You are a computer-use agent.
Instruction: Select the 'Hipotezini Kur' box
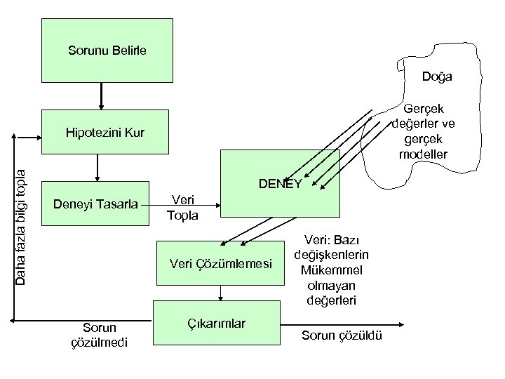pyautogui.click(x=105, y=132)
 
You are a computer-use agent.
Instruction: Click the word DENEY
pyautogui.click(x=280, y=184)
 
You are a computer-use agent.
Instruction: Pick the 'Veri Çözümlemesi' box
pyautogui.click(x=222, y=263)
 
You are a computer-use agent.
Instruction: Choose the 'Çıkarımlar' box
pyautogui.click(x=217, y=324)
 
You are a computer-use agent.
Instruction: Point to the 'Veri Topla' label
pyautogui.click(x=182, y=207)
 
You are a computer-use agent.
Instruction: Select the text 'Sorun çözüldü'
pyautogui.click(x=342, y=336)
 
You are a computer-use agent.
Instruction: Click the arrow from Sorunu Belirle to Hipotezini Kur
pyautogui.click(x=102, y=95)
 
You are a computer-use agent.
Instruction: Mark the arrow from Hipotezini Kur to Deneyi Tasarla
pyautogui.click(x=97, y=168)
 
